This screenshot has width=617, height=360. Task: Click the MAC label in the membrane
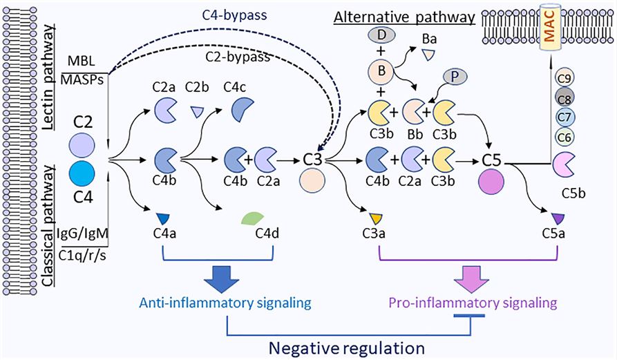pyautogui.click(x=549, y=30)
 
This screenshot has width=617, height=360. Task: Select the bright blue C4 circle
pyautogui.click(x=83, y=172)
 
